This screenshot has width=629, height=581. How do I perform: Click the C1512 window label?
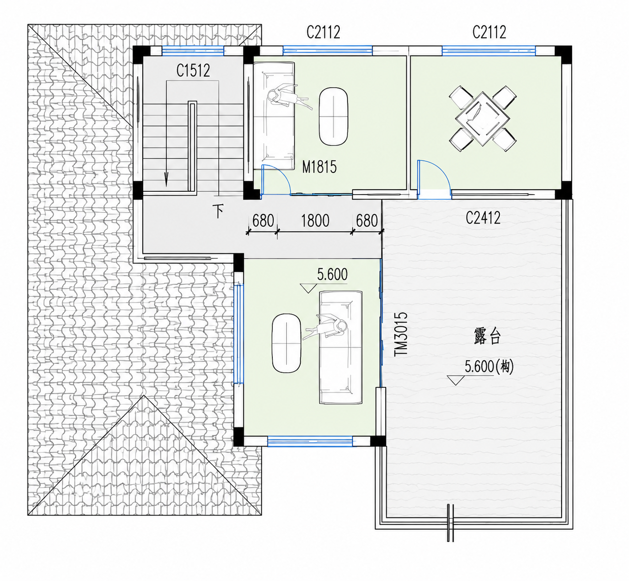coord(193,71)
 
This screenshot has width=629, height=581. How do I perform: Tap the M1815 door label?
coord(319,167)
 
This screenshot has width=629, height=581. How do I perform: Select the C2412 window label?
coord(483,218)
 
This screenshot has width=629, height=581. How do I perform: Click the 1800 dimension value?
coord(315,220)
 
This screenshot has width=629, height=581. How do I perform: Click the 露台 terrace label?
coord(487,336)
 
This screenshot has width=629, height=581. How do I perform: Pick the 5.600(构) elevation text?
coord(489,367)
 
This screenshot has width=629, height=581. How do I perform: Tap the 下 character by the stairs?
coord(218,211)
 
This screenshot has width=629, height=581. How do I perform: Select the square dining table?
coord(482,119)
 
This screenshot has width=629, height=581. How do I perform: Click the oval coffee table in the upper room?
coord(333,117)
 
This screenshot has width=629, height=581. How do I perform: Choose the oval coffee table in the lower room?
coord(286,343)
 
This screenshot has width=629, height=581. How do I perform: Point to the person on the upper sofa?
coord(287,97)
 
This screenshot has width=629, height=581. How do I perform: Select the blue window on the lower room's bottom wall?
coord(310,440)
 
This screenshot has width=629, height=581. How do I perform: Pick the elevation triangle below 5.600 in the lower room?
coord(308,289)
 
